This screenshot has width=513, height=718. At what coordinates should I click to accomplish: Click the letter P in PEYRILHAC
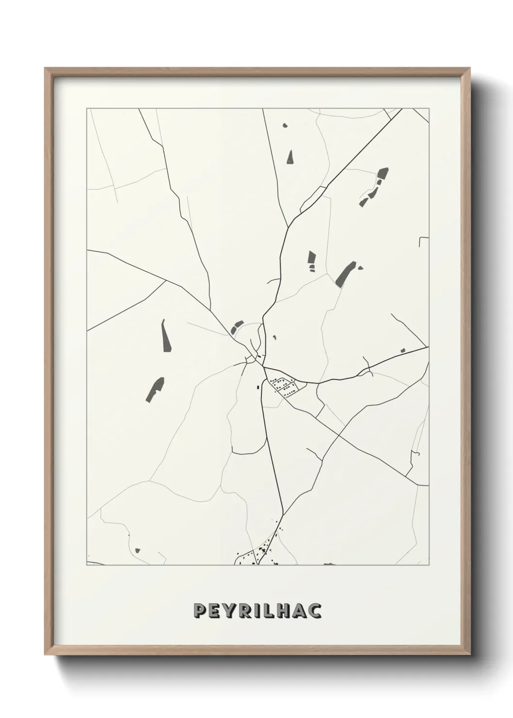point(198,611)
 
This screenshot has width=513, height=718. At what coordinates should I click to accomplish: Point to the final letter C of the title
point(316,611)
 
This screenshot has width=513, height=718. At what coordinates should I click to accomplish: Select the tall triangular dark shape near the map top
point(290,157)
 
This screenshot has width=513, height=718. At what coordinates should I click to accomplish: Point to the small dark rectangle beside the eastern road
point(402,350)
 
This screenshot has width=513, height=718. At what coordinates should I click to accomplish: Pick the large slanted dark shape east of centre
point(345,274)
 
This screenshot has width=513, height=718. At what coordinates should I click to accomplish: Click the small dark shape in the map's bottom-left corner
point(138,550)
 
